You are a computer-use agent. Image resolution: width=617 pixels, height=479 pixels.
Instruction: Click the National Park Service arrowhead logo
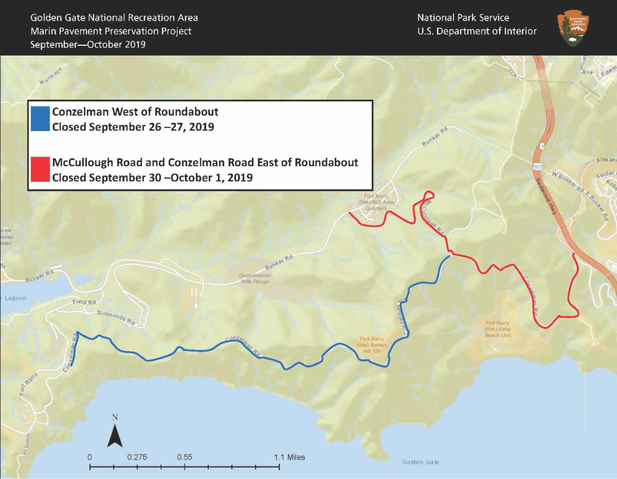[573, 29]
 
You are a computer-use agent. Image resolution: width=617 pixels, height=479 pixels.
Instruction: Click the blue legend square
[40, 119]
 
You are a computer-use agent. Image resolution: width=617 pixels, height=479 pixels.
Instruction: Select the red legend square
[40, 170]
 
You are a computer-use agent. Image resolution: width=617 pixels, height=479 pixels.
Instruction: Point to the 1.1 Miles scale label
[289, 456]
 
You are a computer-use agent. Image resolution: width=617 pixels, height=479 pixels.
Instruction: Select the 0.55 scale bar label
[185, 456]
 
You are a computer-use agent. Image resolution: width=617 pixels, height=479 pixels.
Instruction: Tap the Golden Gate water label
[421, 462]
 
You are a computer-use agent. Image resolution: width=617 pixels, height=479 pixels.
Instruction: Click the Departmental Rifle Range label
[255, 279]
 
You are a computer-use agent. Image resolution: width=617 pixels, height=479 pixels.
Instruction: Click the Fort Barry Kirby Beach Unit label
[497, 328]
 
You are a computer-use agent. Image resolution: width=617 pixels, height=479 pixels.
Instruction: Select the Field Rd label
[84, 302]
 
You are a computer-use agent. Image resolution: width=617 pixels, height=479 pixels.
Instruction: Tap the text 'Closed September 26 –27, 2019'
[133, 126]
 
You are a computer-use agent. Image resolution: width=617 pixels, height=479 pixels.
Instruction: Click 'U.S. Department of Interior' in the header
[477, 31]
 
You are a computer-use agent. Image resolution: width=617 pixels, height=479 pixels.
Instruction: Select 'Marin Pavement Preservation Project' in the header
[111, 31]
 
